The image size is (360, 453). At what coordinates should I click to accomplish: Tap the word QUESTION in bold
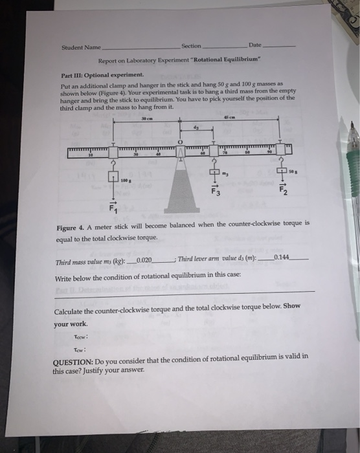[x=73, y=357]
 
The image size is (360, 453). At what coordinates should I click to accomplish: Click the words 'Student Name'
[x=77, y=47]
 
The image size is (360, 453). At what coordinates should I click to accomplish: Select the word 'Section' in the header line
[x=191, y=47]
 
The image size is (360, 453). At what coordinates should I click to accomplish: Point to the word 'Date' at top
[x=255, y=45]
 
